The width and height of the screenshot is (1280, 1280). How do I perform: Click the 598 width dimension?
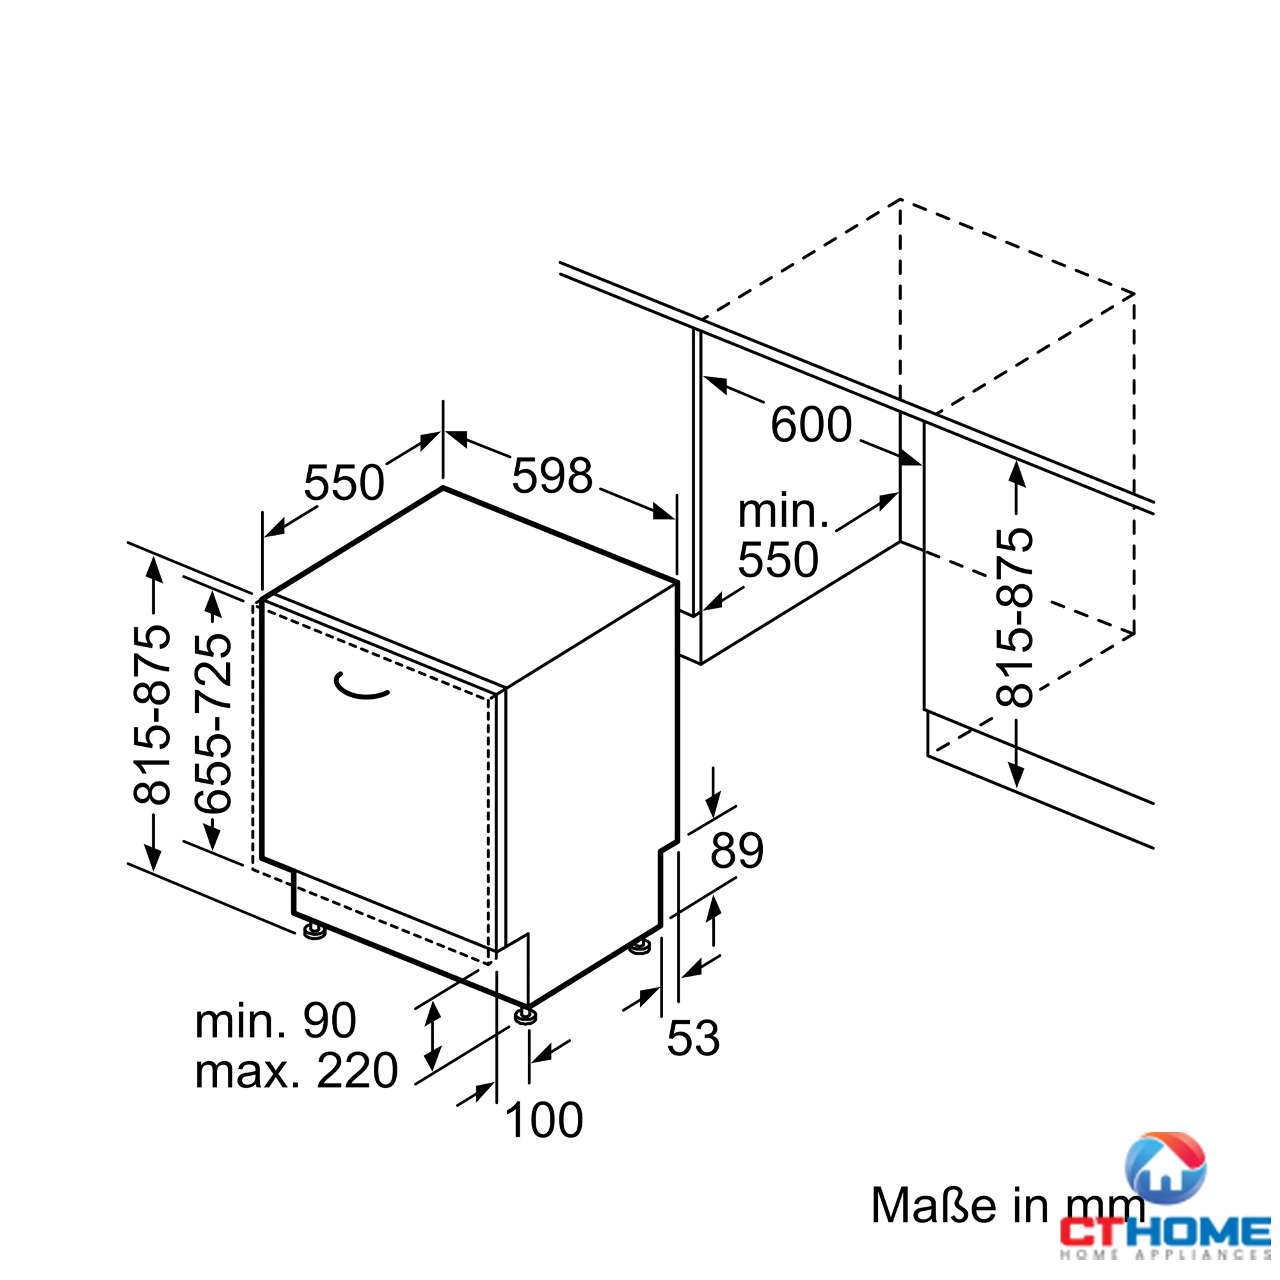(552, 476)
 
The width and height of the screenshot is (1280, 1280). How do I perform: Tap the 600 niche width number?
(811, 424)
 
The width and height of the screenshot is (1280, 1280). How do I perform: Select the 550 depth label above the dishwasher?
(344, 483)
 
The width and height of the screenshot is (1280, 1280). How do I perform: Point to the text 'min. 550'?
(782, 535)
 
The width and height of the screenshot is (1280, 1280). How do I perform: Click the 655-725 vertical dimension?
(212, 723)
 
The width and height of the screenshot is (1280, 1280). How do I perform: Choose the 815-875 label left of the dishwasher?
(152, 714)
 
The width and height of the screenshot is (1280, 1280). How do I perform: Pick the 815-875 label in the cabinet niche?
(1014, 617)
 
